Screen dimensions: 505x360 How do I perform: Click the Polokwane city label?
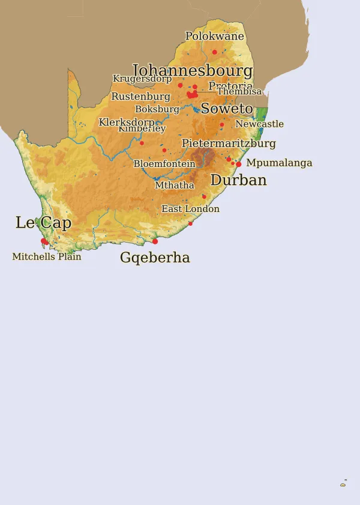[x=214, y=36]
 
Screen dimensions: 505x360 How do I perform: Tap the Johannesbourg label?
[x=192, y=71]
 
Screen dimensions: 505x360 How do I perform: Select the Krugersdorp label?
[x=142, y=79]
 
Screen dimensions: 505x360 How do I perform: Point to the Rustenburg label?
[x=140, y=97]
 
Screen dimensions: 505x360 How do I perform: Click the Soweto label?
[x=227, y=109]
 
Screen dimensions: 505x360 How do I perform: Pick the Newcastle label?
[x=259, y=124]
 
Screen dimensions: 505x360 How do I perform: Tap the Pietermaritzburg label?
[x=229, y=144]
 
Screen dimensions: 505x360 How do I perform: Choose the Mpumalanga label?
[x=279, y=163]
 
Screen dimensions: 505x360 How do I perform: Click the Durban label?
[x=238, y=180]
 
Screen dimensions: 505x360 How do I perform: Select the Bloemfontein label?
[x=164, y=164]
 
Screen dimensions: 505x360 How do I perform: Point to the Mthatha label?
[x=175, y=186]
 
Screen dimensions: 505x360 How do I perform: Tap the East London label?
[x=190, y=209]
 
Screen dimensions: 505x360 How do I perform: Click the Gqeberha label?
[x=155, y=258]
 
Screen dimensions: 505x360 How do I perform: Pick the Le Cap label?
[x=43, y=223]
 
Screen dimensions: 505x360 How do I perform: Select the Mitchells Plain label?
[x=47, y=256]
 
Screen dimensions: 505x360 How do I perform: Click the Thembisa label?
[x=239, y=92]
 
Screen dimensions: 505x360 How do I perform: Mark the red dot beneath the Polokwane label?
[x=215, y=52]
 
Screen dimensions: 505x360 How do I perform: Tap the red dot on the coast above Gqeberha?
[x=155, y=241]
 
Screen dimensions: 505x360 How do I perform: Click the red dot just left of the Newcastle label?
[x=222, y=125]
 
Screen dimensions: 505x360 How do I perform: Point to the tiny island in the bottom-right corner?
[x=343, y=484]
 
